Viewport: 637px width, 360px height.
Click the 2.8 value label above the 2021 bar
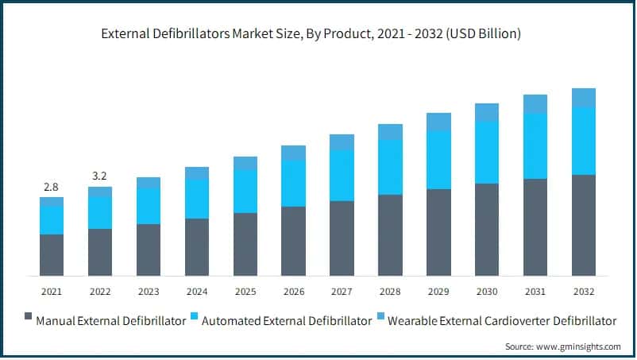[51, 187]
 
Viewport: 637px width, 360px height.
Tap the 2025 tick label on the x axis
[245, 292]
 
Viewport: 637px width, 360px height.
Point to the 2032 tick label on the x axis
[584, 292]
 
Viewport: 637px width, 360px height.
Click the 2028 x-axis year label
[390, 292]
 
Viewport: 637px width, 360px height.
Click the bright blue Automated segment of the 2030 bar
[487, 153]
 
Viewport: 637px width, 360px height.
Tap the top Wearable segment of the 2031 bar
[535, 103]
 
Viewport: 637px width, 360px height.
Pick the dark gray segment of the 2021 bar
[52, 255]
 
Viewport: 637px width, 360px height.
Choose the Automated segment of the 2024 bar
[197, 199]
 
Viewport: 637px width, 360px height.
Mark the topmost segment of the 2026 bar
[293, 153]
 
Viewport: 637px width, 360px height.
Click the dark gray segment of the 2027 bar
[342, 238]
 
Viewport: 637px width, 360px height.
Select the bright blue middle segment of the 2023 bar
[149, 207]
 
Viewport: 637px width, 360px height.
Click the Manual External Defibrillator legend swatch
[29, 321]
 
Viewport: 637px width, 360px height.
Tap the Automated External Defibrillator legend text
[287, 321]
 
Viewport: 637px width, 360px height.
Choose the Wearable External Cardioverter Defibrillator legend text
[508, 321]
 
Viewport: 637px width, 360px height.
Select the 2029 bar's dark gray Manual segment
[438, 232]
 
